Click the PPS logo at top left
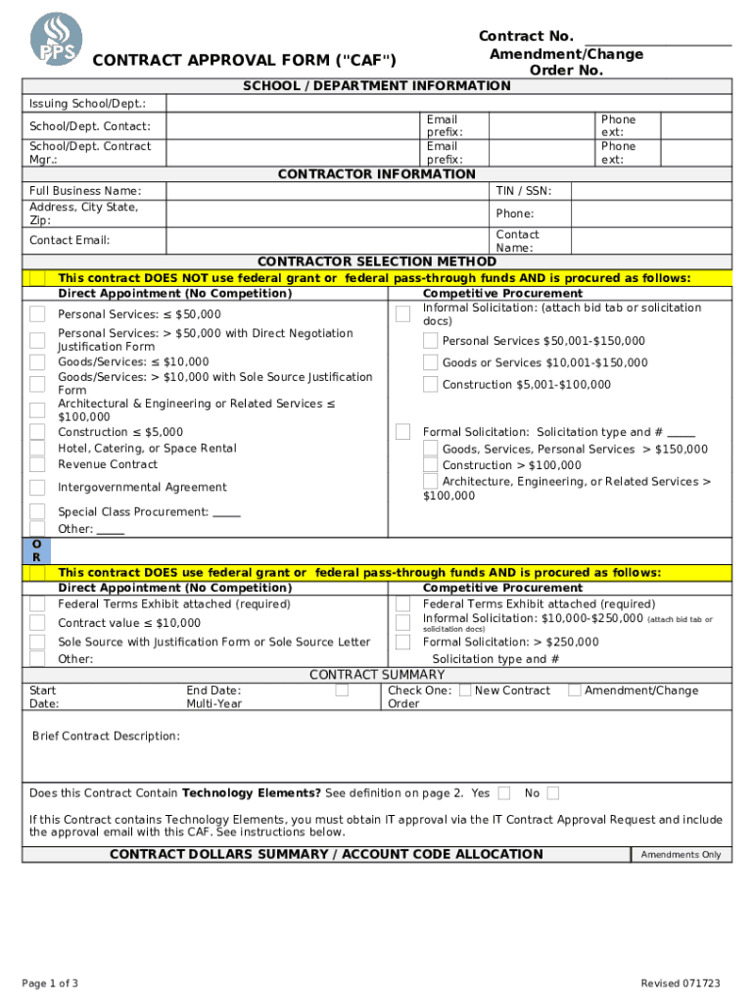tap(57, 40)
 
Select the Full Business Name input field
tap(327, 191)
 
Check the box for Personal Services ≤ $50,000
tap(37, 314)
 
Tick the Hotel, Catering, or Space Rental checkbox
tap(37, 449)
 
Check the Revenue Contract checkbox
tap(37, 464)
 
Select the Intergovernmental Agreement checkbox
tap(37, 488)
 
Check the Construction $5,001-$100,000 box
tap(430, 385)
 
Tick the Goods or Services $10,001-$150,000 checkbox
tap(430, 362)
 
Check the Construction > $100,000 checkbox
tap(430, 465)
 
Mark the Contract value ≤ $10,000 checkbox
tap(37, 623)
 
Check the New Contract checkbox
tap(465, 691)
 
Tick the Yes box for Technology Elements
tap(503, 792)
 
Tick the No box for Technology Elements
tap(553, 792)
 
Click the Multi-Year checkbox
tap(342, 691)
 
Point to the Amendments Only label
tap(681, 855)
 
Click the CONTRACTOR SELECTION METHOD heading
tap(376, 262)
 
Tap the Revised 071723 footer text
tap(681, 983)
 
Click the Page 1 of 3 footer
tap(50, 983)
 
